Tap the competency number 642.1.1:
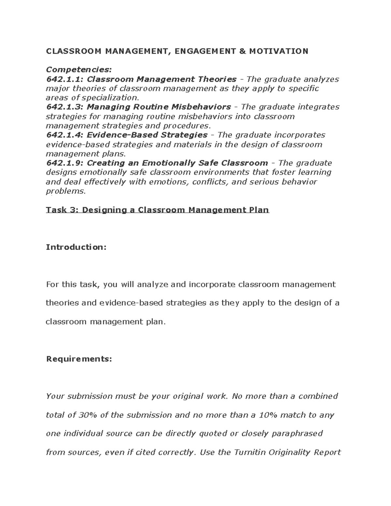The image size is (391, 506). point(65,79)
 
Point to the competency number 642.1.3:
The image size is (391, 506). point(65,107)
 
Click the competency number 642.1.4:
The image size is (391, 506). point(65,135)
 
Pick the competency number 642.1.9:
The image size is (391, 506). point(65,163)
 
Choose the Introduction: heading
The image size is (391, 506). point(76,247)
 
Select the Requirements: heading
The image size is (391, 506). point(79,359)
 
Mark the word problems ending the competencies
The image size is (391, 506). point(65,191)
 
